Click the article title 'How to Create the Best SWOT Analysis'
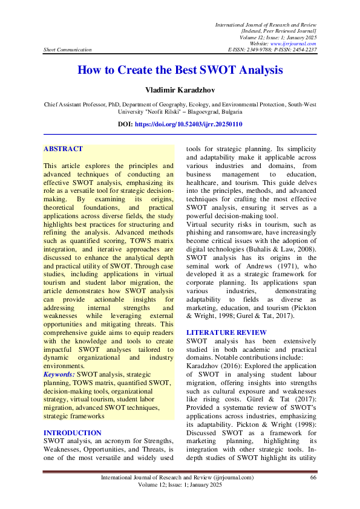click(x=180, y=70)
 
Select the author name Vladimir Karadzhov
click(x=180, y=90)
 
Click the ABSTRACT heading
click(x=63, y=149)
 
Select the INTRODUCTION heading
click(x=73, y=433)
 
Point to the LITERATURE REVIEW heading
click(x=226, y=332)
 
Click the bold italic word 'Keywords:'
click(x=59, y=375)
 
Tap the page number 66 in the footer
click(x=313, y=478)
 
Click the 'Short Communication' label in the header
click(x=68, y=50)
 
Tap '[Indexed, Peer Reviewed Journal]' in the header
click(x=279, y=30)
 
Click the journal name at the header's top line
click(x=266, y=23)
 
